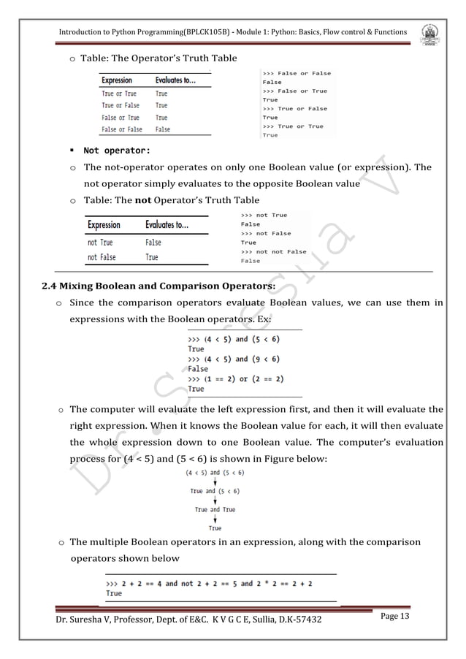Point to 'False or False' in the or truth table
coord(122,129)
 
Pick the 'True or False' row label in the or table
coord(121,105)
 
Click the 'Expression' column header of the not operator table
coord(104,225)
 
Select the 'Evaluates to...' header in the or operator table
coord(175,80)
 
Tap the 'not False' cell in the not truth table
coord(102,257)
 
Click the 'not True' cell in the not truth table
coord(100,243)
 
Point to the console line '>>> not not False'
coord(274,251)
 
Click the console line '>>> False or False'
coord(296,73)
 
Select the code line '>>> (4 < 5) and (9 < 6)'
coord(234,359)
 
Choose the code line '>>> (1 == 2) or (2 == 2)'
coord(236,378)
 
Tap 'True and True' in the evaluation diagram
coord(215,509)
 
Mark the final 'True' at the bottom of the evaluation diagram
coord(215,527)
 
